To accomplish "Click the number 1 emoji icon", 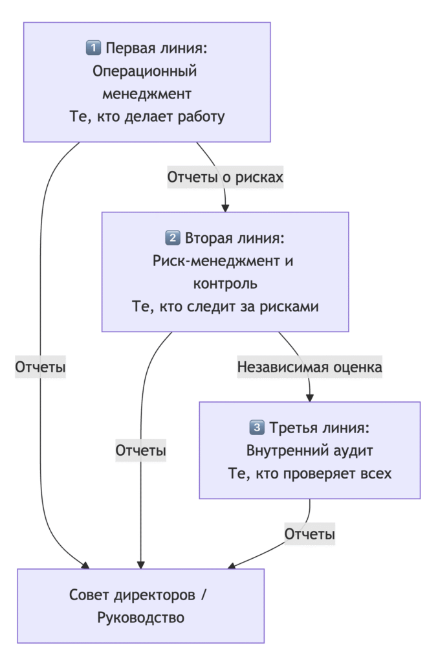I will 93,49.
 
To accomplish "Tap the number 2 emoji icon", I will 173,238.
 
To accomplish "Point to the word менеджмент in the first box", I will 147,94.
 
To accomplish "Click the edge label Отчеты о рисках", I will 225,177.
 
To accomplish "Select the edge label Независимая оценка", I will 310,367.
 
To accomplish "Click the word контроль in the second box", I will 225,284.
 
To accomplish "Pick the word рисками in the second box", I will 292,307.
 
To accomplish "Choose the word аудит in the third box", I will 352,450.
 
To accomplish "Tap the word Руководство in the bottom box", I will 141,618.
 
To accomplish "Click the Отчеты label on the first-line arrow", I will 41,367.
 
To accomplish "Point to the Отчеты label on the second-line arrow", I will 141,451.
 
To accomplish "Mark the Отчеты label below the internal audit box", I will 310,534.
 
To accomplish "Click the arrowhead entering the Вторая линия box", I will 225,208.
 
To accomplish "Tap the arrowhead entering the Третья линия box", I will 310,398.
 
